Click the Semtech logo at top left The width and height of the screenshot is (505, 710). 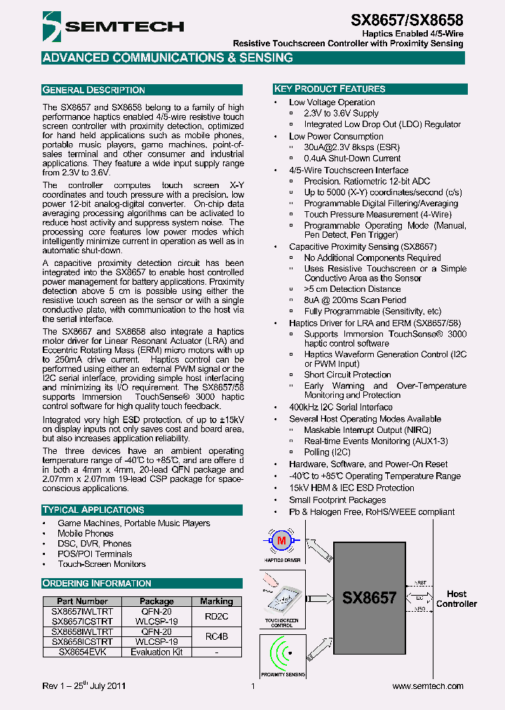(x=112, y=27)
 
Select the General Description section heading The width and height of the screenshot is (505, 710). (x=94, y=90)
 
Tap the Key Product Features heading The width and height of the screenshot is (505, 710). (x=329, y=89)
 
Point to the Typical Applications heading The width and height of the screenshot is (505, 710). (x=93, y=509)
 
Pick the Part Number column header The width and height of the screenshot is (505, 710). (x=82, y=601)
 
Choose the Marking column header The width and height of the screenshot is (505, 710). (x=216, y=601)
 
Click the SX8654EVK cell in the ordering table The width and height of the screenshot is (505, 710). (x=82, y=652)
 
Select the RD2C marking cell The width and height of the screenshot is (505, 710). (x=216, y=617)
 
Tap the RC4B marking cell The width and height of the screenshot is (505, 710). (x=216, y=636)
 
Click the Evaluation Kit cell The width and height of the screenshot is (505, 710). (x=156, y=652)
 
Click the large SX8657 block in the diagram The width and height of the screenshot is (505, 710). (x=369, y=598)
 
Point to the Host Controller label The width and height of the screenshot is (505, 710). (x=457, y=598)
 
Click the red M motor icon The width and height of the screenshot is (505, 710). (x=282, y=540)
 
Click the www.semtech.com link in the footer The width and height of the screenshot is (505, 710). (x=428, y=686)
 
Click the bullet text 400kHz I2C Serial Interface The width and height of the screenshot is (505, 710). (x=341, y=407)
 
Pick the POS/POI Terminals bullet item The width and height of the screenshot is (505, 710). (x=95, y=554)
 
